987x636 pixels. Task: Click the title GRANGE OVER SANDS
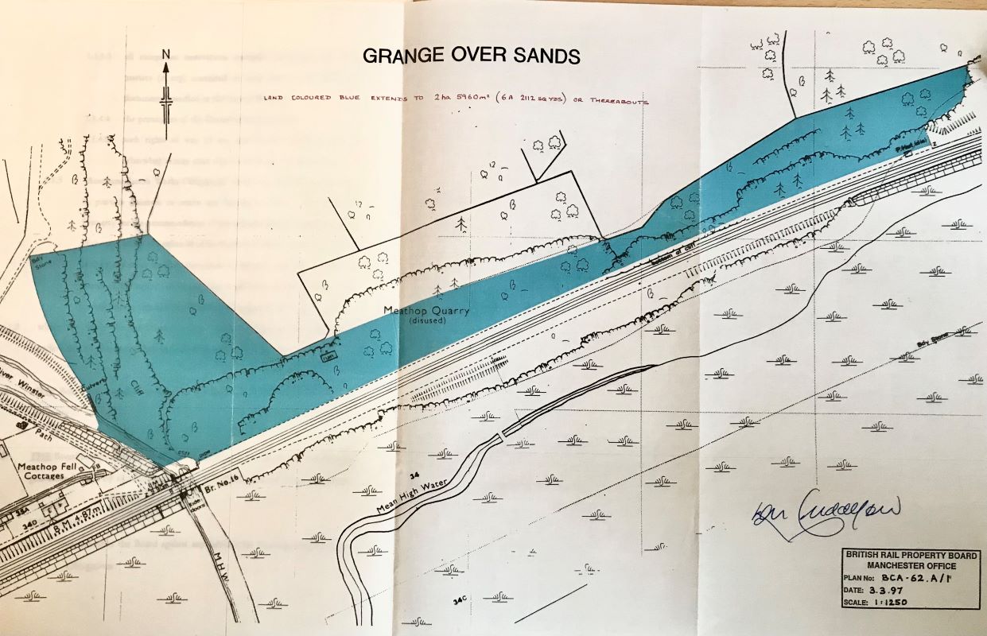click(472, 56)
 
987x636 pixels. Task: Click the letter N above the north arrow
click(166, 54)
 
